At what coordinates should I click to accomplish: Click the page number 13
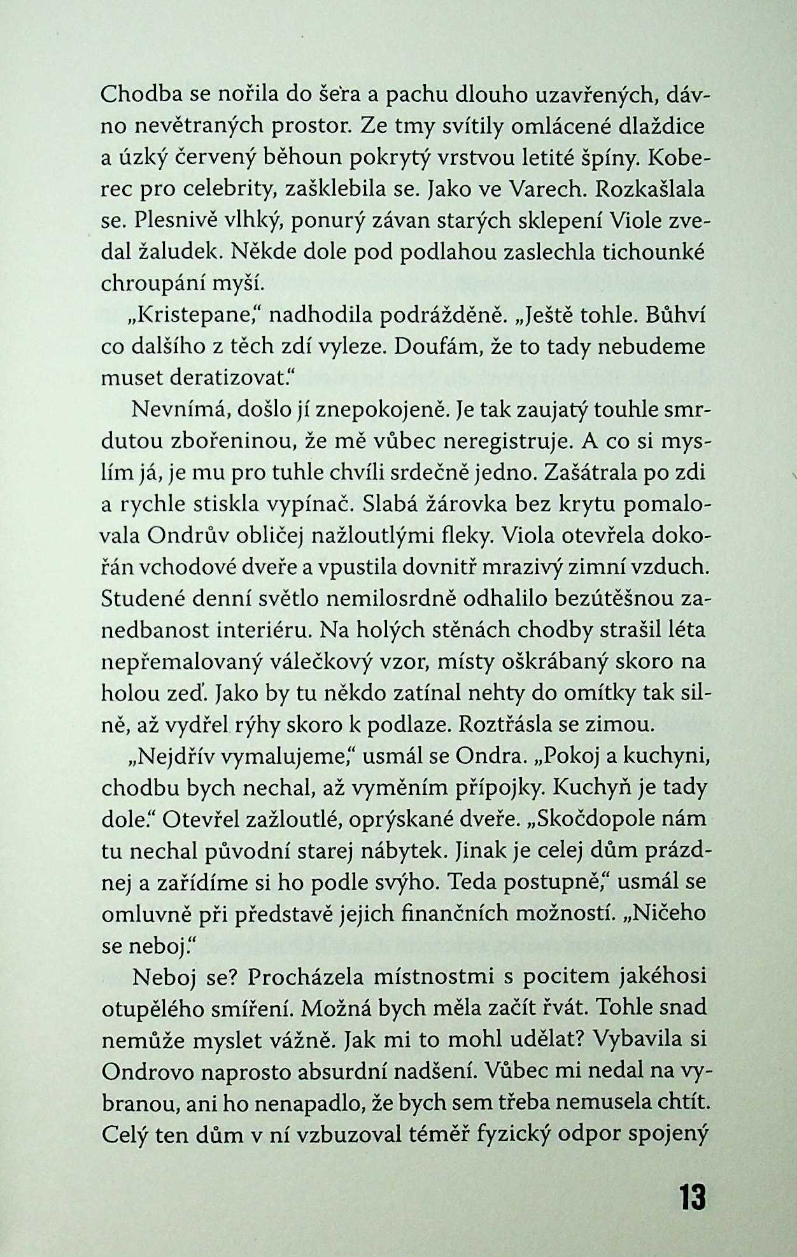(692, 1197)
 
